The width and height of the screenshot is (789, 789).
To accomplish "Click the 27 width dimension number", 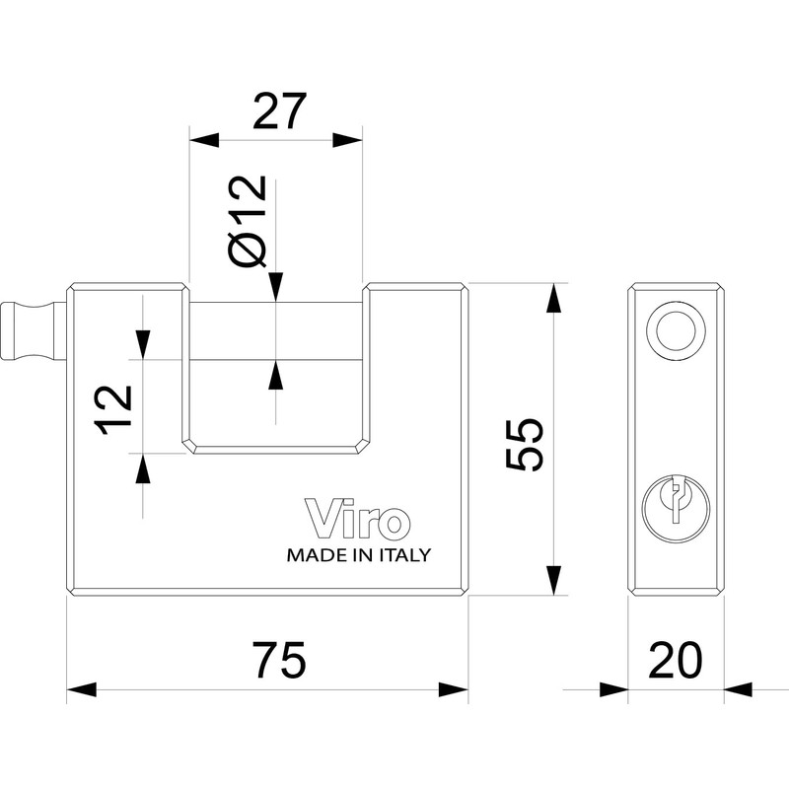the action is click(x=279, y=110).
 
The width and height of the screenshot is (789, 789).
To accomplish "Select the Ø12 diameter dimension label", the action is click(x=248, y=221).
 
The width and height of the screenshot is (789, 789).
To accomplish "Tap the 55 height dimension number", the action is click(x=525, y=445).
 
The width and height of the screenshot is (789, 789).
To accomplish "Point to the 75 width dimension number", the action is click(x=280, y=660).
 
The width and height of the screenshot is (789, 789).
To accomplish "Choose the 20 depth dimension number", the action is click(x=676, y=660).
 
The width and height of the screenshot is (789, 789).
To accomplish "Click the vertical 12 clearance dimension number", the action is click(x=113, y=409).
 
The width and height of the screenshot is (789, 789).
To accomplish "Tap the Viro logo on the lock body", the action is click(x=357, y=519).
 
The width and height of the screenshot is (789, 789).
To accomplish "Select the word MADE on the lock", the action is click(x=311, y=555).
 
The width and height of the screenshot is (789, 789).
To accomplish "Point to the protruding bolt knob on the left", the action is click(x=34, y=330).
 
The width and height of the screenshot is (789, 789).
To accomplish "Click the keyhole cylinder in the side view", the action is click(x=676, y=508).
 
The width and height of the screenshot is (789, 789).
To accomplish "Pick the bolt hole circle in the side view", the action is click(x=676, y=331).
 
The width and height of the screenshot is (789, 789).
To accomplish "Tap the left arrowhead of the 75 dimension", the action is click(x=82, y=689).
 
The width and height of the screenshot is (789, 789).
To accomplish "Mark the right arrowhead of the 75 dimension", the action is click(x=454, y=689).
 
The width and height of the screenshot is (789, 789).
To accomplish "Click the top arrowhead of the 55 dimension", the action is click(x=553, y=298).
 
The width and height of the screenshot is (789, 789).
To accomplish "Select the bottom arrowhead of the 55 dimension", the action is click(x=553, y=581).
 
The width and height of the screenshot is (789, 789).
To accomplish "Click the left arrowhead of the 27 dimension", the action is click(x=204, y=140).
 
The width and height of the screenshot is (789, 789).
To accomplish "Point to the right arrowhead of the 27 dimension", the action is click(x=348, y=140).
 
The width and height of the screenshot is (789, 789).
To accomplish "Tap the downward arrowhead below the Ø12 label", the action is click(x=275, y=287).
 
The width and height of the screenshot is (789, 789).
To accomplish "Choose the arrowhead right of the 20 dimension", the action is click(x=739, y=689).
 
